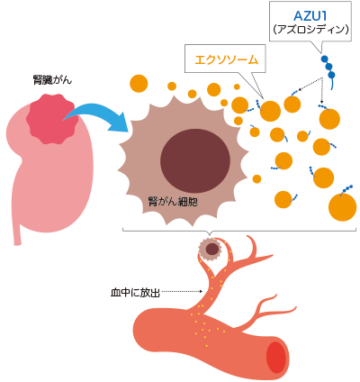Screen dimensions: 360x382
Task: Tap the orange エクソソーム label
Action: coord(226,59)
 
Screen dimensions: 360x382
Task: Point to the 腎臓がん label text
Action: coord(52,80)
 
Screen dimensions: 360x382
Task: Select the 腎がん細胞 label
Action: coord(173,201)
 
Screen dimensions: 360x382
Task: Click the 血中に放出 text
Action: coord(135,293)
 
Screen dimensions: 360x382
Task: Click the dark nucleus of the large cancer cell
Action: coord(195,161)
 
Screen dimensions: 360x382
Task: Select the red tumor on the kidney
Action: coord(52,118)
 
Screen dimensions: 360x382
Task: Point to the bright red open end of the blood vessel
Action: coord(277,357)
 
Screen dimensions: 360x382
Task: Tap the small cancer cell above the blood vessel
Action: coord(211,249)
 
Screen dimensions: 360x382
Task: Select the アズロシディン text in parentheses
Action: coord(310,30)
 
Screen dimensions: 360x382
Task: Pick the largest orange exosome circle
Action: coord(342,207)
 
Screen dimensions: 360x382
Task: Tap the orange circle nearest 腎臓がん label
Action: coord(139,83)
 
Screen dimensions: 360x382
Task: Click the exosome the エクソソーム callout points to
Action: coord(270,111)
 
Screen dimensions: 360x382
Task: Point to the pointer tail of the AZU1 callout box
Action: coord(319,48)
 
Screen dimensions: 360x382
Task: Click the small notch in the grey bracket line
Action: coord(210,232)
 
